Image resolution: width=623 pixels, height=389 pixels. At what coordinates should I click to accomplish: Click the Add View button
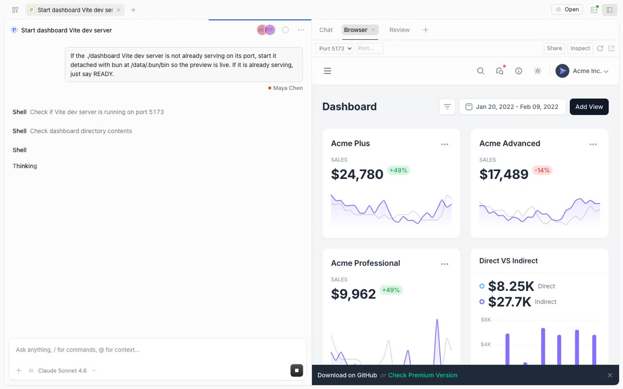[589, 106]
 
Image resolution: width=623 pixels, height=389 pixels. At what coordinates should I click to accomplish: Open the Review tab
[399, 30]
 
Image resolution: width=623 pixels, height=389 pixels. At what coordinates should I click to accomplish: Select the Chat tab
[326, 30]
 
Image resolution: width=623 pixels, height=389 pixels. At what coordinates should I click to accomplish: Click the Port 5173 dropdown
[334, 48]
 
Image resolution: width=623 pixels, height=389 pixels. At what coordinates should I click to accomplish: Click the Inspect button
[580, 48]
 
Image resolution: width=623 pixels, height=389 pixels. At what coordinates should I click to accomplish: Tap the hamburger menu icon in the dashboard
[328, 71]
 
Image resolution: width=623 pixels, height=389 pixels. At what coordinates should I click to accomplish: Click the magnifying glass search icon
[480, 71]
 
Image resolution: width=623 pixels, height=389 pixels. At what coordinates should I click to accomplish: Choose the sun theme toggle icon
[538, 71]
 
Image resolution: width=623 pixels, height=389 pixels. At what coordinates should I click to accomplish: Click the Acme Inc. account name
[587, 71]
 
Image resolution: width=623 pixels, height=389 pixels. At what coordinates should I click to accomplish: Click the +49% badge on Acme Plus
[398, 170]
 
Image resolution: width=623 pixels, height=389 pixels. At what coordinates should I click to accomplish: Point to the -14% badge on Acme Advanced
[542, 170]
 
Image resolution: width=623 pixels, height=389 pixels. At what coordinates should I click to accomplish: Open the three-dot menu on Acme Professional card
[444, 264]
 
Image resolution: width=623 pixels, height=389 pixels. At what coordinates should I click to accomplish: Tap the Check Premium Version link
[422, 375]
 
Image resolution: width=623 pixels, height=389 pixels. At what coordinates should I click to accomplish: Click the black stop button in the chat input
[296, 371]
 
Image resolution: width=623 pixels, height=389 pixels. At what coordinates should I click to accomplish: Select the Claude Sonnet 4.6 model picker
[62, 371]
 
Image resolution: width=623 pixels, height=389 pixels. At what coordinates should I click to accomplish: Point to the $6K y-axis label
[486, 319]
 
